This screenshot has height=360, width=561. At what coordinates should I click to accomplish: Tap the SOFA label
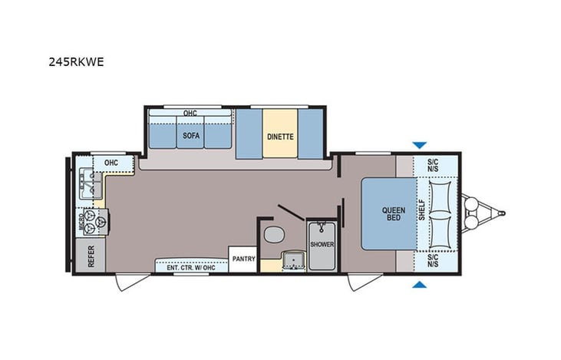[x=191, y=136]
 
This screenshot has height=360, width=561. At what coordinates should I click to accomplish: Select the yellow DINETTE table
[x=279, y=136]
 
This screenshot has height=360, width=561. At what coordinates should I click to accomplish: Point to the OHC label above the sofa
[x=190, y=114]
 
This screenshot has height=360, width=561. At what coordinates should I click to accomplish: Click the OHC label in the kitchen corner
[x=111, y=163]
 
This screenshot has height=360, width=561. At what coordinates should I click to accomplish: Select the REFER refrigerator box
[x=91, y=256]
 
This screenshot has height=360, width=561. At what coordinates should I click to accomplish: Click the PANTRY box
[x=243, y=259]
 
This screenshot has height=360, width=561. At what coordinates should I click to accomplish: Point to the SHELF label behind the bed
[x=421, y=213]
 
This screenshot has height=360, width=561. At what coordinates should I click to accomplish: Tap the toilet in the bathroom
[x=270, y=234]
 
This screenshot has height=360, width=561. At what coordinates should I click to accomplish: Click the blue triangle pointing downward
[x=419, y=144]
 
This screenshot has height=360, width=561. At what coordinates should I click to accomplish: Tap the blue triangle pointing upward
[x=419, y=285]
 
